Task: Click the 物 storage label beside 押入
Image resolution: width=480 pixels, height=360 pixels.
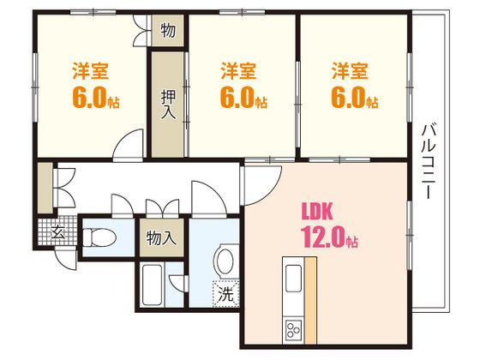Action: tap(167, 32)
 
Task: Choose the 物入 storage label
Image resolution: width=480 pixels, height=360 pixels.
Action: tap(161, 237)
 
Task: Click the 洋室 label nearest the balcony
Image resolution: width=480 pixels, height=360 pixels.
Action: tap(351, 68)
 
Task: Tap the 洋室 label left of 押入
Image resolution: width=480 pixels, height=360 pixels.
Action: tap(90, 68)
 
